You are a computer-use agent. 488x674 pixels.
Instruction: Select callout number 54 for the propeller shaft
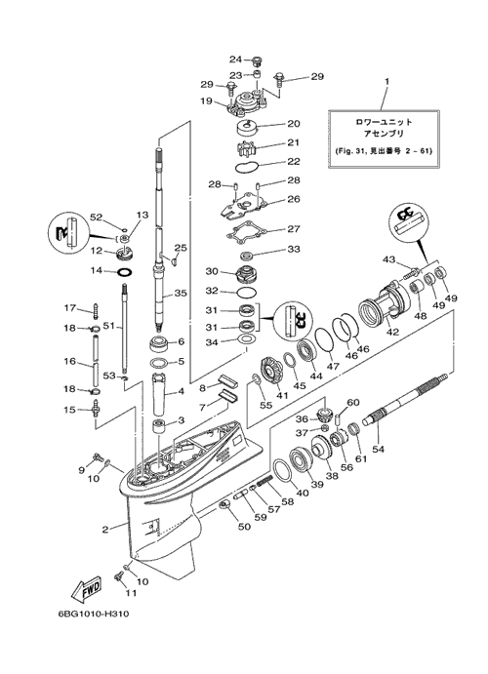coord(379,450)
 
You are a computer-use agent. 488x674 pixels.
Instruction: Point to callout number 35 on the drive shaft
coord(181,294)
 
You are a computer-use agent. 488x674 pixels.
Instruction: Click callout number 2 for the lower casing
coord(104,530)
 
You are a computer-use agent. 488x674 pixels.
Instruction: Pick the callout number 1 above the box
coord(386,81)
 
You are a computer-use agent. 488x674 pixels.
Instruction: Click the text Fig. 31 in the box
coord(350,151)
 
